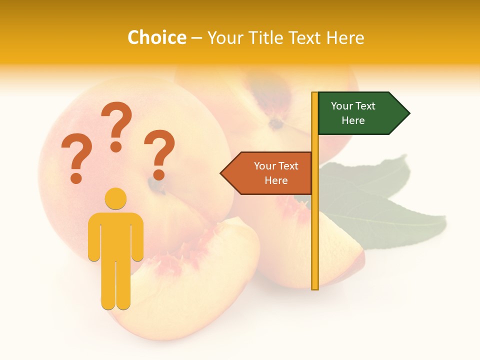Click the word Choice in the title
(x=156, y=38)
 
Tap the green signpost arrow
(x=360, y=113)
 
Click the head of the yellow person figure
(x=115, y=198)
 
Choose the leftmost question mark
(x=76, y=152)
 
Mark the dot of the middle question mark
(x=116, y=146)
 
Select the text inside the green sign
(x=353, y=113)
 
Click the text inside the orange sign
(x=276, y=173)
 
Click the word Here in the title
(x=345, y=38)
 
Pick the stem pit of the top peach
(x=275, y=122)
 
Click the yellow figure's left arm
(x=93, y=237)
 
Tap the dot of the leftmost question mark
(x=76, y=177)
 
